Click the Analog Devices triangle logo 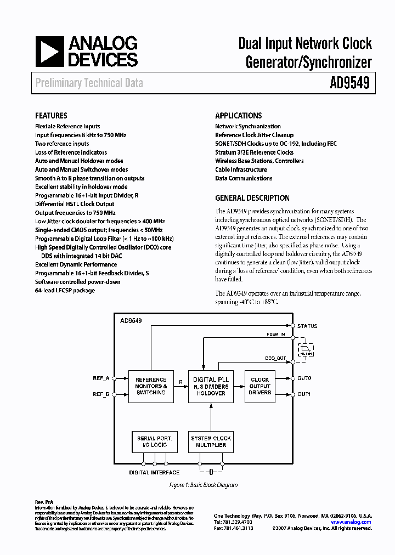(49, 52)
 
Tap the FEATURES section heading (51, 116)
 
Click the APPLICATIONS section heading (238, 116)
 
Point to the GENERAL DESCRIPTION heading (252, 198)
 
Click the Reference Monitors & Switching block (151, 386)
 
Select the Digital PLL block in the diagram (211, 386)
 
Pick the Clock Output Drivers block (259, 386)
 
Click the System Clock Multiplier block (211, 441)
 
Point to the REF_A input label (101, 378)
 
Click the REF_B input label (101, 394)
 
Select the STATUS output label (307, 326)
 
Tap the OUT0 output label (304, 378)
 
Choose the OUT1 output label (304, 394)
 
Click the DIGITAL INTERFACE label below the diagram (154, 472)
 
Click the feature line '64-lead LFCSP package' (65, 290)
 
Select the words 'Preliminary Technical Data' (89, 83)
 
